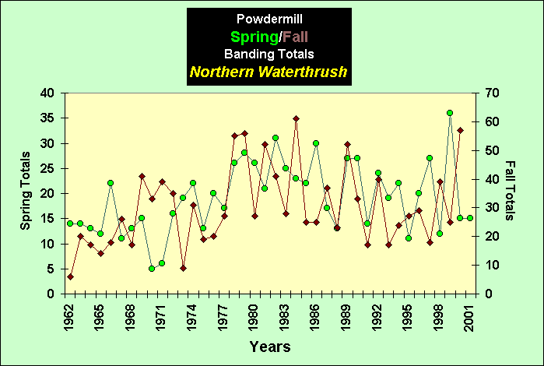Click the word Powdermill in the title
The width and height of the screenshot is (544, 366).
pos(268,17)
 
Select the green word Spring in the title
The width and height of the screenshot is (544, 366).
pos(254,36)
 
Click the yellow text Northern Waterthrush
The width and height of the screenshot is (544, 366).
pos(268,72)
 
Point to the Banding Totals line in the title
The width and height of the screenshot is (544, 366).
pos(268,54)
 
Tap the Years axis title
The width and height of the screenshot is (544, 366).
pos(270,346)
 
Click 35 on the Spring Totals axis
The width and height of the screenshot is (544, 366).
pos(47,118)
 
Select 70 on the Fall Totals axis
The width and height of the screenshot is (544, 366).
pos(492,93)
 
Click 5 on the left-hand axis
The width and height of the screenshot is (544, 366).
pos(50,269)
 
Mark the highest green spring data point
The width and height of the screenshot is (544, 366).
pos(450,113)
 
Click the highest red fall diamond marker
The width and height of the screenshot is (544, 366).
pos(296,118)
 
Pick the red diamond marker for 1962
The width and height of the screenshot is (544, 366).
pos(70,276)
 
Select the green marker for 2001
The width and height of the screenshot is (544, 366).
pos(470,218)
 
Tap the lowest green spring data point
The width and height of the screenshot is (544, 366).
pos(152,269)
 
